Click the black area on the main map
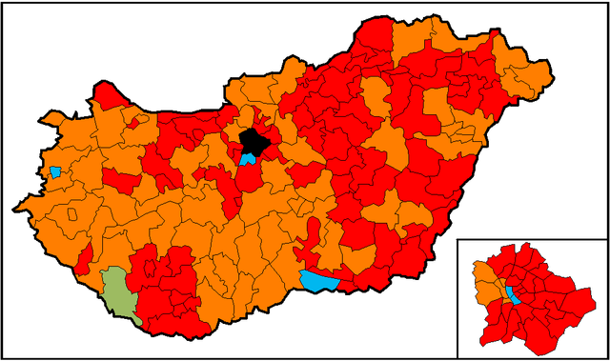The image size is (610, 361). point(254,142)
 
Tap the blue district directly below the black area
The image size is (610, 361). point(248,159)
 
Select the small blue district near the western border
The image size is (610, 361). point(55,172)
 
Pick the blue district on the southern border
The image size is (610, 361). point(318,280)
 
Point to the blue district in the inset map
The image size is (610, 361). point(513,295)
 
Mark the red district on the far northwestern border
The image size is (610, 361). point(106,94)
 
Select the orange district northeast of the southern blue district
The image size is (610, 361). point(358,258)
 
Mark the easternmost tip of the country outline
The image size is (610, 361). point(551,67)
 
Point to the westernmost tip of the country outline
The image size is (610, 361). point(13,207)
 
